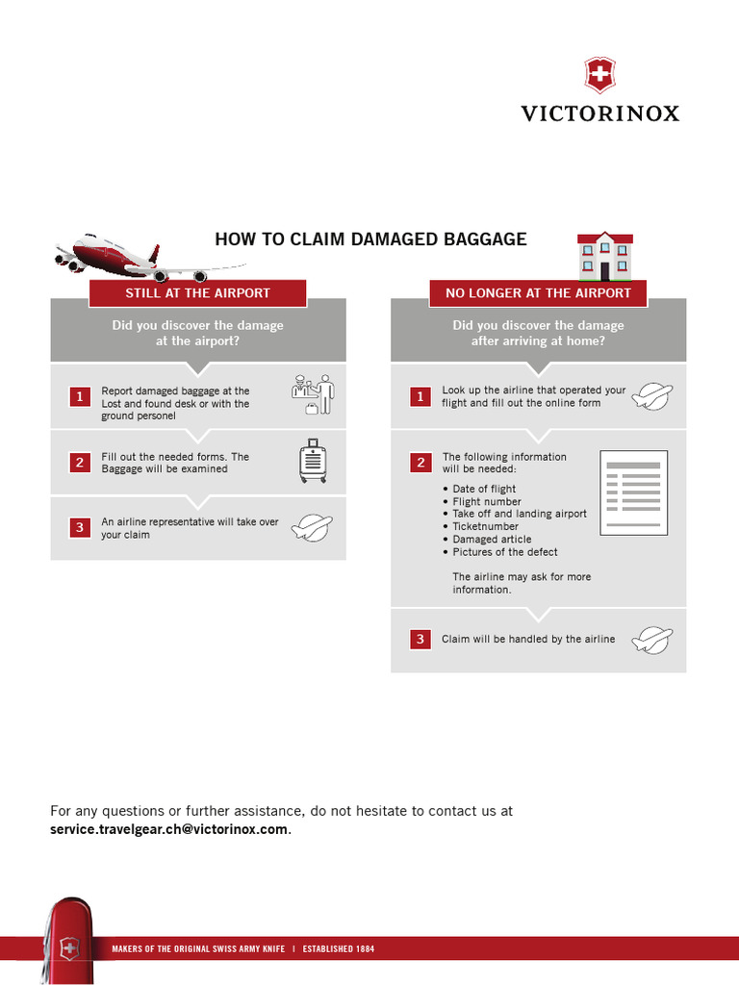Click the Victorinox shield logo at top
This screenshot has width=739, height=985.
coord(599,75)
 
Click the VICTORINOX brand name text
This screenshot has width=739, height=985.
coord(599,114)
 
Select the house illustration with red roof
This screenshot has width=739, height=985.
coord(604,256)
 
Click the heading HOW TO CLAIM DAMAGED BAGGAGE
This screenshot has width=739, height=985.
coord(370,240)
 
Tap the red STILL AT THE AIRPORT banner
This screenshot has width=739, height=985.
coord(197,293)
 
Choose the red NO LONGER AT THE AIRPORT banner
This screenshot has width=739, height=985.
coord(538,293)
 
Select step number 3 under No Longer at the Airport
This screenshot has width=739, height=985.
coord(420,640)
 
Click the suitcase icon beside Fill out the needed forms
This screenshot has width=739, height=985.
coord(313,462)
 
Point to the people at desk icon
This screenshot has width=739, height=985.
coord(313,395)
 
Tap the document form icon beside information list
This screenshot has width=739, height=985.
coord(633,493)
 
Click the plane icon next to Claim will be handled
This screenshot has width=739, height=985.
coord(651,640)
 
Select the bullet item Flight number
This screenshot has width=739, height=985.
coord(486,501)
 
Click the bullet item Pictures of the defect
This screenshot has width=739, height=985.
coord(504,552)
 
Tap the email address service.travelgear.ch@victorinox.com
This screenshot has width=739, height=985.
coord(168,829)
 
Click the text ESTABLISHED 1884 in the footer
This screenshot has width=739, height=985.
coord(338,949)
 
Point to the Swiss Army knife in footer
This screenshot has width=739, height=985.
coord(67,939)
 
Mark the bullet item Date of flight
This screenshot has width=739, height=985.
coord(483,489)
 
